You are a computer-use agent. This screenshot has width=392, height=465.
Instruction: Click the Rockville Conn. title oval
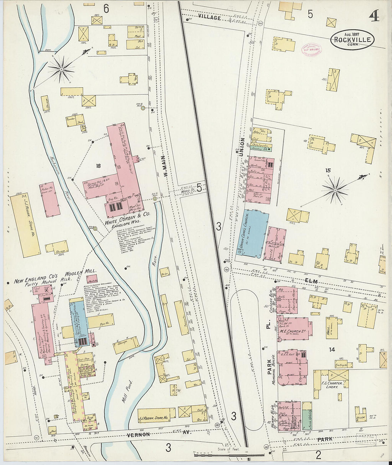352,40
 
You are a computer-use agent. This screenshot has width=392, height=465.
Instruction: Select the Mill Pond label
127,390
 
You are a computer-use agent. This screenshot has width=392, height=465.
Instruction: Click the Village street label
210,17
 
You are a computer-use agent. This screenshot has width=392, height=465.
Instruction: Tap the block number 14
332,350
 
